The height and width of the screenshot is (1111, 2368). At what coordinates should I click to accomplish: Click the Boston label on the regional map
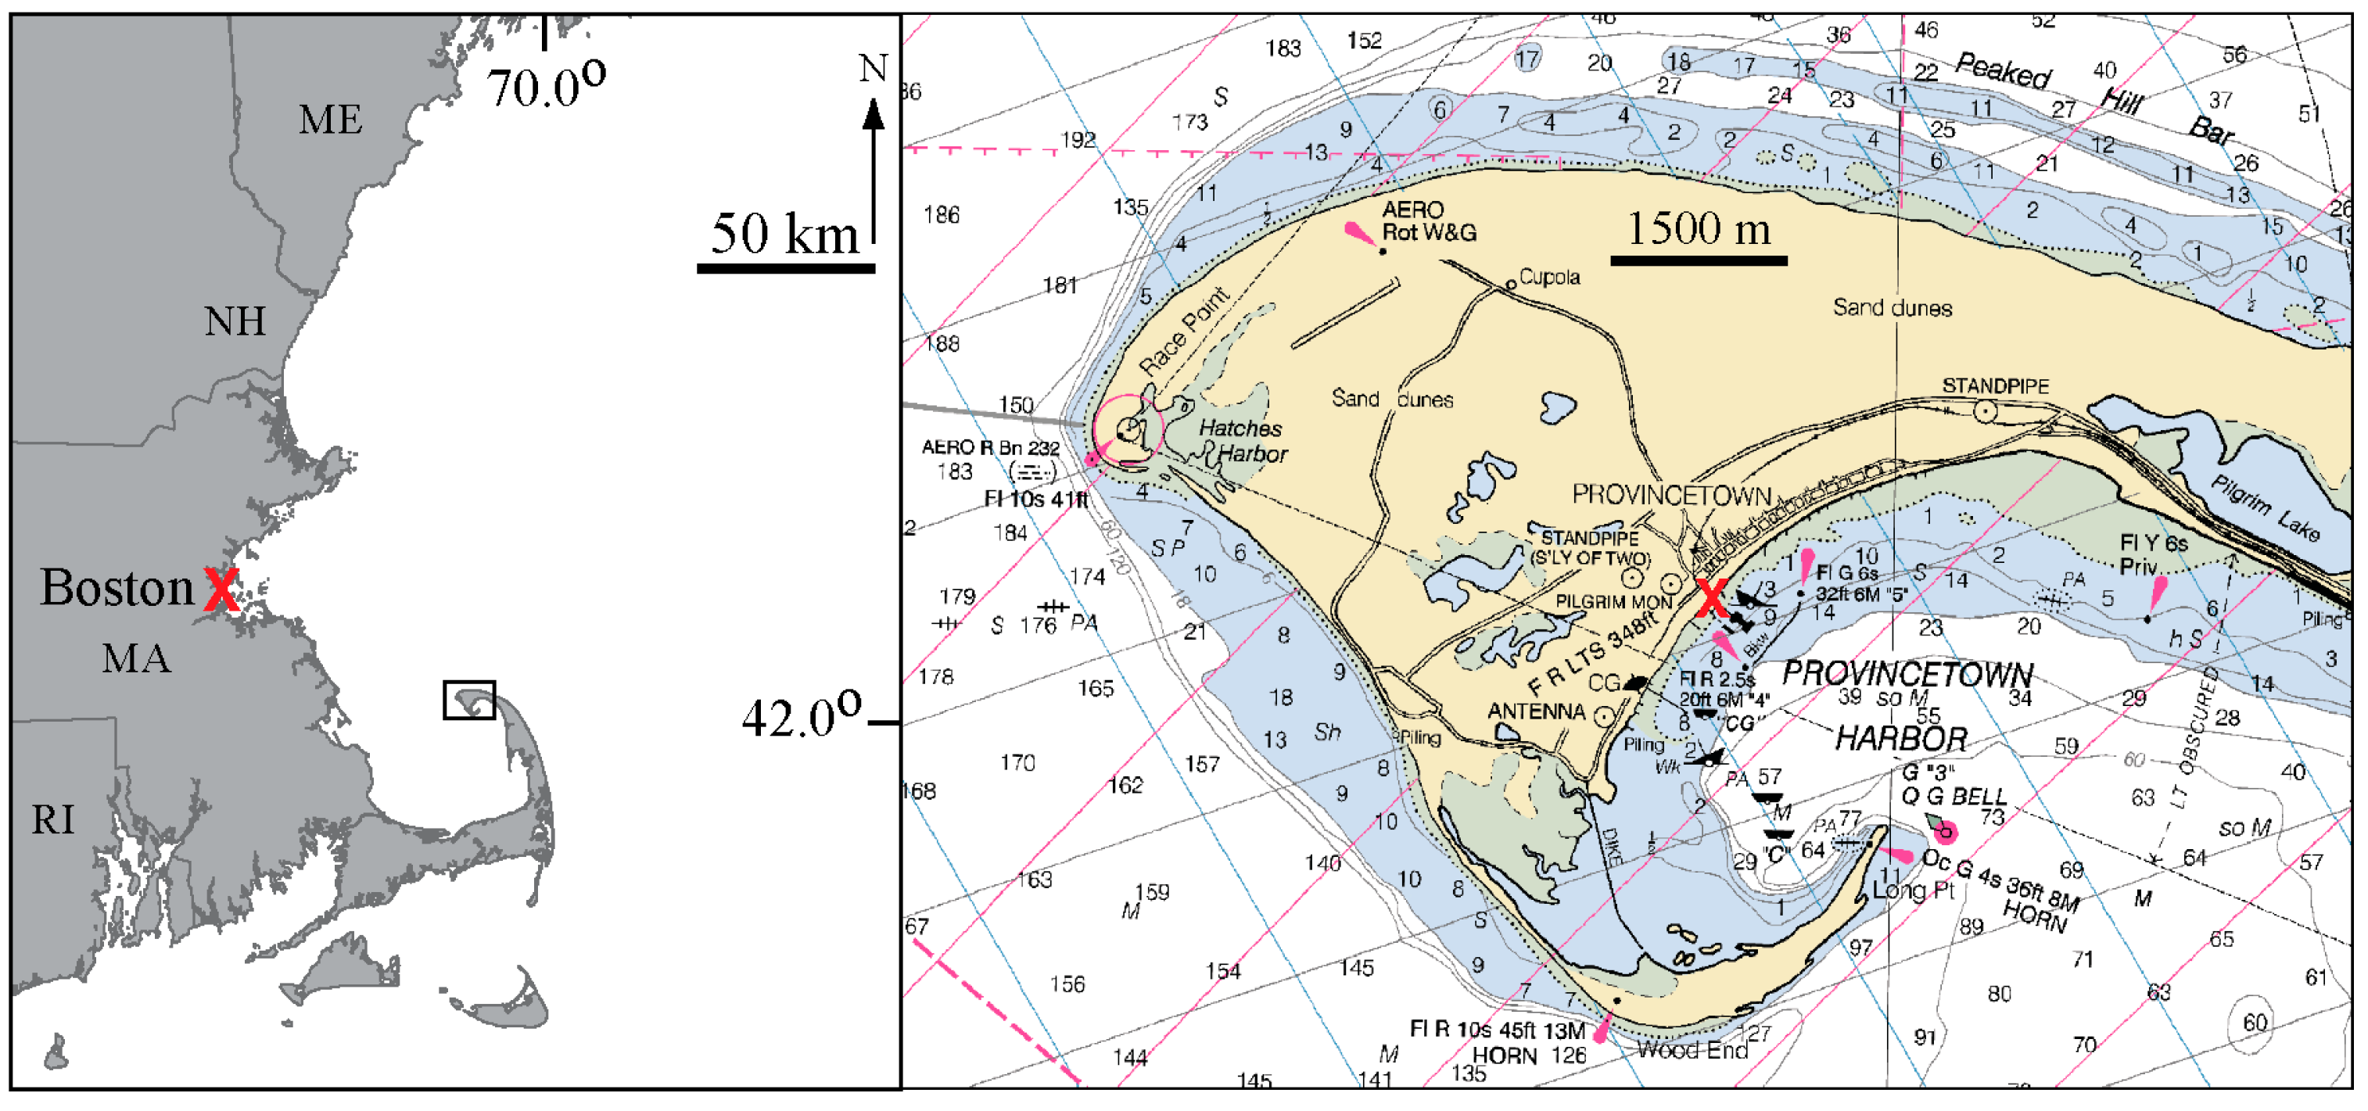pyautogui.click(x=117, y=587)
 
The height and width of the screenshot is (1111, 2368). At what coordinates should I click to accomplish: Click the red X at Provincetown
pyautogui.click(x=1711, y=598)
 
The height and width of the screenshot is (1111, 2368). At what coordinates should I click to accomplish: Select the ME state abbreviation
pyautogui.click(x=330, y=120)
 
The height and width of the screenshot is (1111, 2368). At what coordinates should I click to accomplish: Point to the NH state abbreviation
pyautogui.click(x=235, y=321)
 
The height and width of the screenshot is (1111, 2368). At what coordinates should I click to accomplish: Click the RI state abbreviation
pyautogui.click(x=52, y=819)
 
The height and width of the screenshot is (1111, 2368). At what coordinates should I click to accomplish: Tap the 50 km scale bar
pyautogui.click(x=786, y=268)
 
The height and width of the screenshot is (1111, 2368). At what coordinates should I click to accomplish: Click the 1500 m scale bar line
pyautogui.click(x=1699, y=261)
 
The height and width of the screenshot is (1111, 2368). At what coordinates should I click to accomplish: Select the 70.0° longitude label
pyautogui.click(x=546, y=88)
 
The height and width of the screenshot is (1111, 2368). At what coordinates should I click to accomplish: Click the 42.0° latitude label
pyautogui.click(x=802, y=717)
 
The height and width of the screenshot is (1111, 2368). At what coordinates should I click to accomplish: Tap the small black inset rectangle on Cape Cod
pyautogui.click(x=470, y=701)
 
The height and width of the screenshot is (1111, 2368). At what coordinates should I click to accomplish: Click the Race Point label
pyautogui.click(x=1184, y=331)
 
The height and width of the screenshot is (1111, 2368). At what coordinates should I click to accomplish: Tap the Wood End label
pyautogui.click(x=1692, y=1049)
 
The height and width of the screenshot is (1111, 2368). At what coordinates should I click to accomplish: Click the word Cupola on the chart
pyautogui.click(x=1550, y=277)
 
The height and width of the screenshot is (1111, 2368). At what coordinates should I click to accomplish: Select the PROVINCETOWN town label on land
pyautogui.click(x=1671, y=496)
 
